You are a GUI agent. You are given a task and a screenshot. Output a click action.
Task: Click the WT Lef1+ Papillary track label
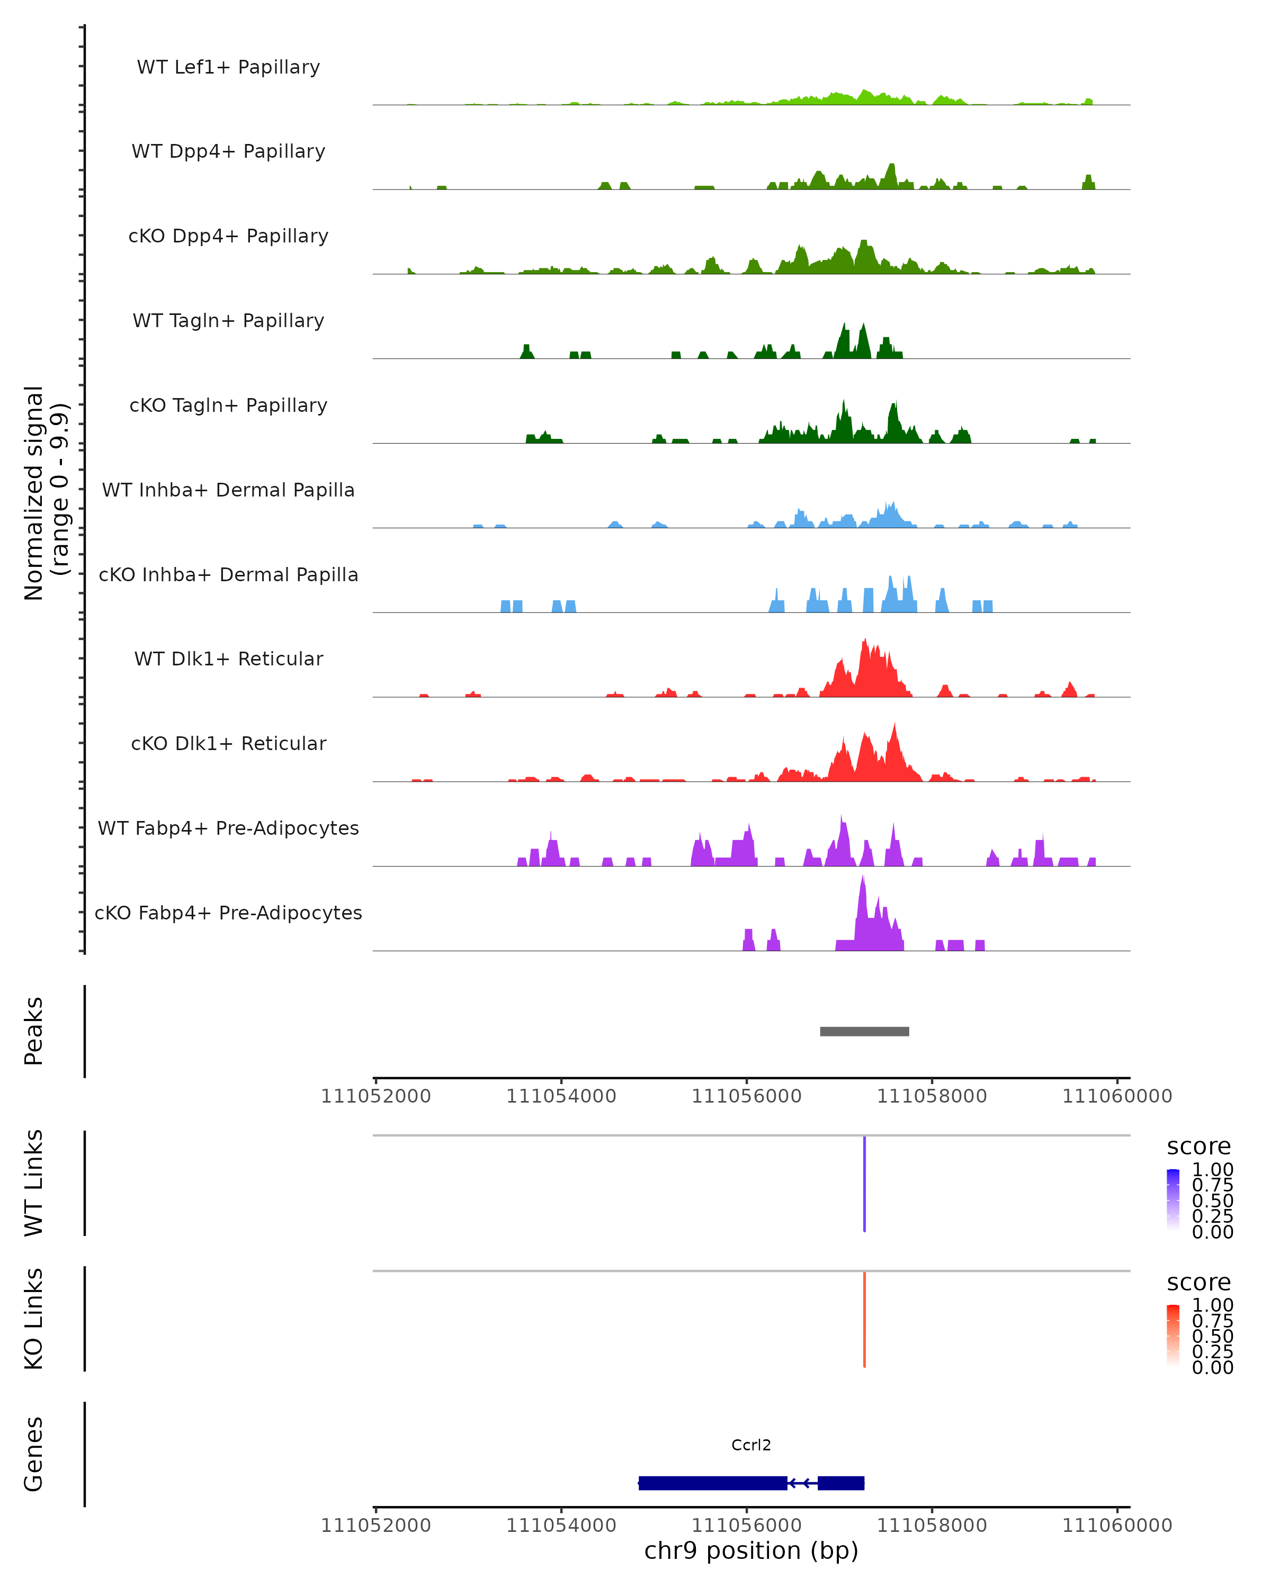coord(228,67)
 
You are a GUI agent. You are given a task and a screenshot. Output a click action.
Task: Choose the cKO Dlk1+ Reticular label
coord(228,743)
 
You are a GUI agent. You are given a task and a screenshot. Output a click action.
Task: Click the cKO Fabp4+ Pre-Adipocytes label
coord(228,913)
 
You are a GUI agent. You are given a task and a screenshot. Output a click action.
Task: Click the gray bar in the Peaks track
coord(864,1031)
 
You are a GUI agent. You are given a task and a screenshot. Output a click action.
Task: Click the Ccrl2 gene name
coord(751,1445)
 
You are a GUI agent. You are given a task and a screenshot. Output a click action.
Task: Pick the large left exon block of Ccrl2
coord(712,1483)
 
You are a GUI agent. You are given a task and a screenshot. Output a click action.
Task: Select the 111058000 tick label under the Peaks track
coord(932,1096)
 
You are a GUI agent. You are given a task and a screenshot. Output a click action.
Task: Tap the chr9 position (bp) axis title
coord(751,1550)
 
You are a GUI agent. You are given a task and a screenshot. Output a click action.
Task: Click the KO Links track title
coord(34,1319)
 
